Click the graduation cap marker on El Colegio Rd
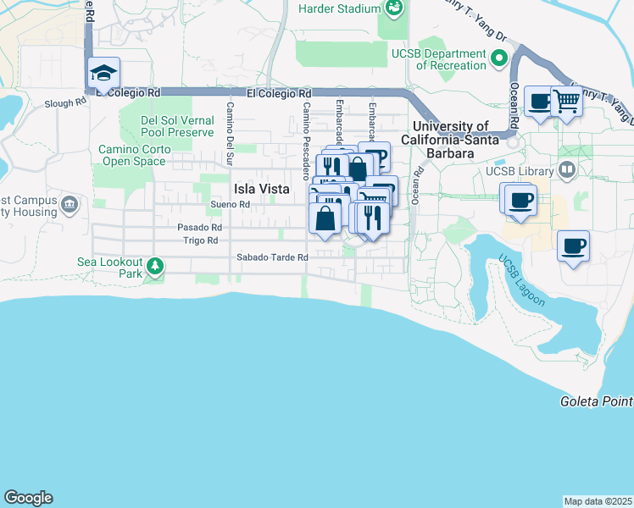pos(104,74)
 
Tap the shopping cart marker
pos(566,102)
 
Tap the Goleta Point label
pos(596,400)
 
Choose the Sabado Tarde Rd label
pos(272,257)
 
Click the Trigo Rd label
pos(201,241)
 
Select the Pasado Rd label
pos(199,228)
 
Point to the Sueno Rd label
pos(231,205)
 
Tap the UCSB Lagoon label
pos(521,280)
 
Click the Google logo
pos(28,498)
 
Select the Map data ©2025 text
pos(598,501)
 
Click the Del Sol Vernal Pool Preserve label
pos(178,126)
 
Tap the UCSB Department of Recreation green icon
pos(499,59)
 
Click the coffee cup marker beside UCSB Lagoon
pos(573,246)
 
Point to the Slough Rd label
pos(65,103)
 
